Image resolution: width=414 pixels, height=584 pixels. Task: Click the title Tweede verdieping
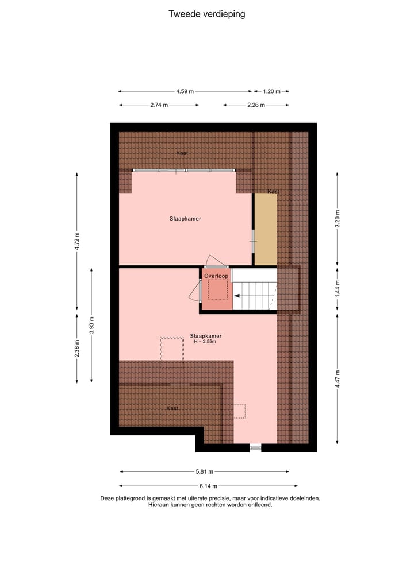coord(206,14)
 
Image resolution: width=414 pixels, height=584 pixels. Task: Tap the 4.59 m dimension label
coord(185,91)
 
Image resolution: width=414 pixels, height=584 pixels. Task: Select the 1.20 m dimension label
coord(271,91)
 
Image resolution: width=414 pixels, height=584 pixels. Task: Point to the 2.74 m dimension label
coord(159,105)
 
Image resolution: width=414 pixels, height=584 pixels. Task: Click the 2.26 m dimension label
coord(256,105)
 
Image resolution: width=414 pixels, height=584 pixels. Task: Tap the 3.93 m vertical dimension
coord(91,325)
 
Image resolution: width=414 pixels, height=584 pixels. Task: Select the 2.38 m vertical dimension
coord(77,349)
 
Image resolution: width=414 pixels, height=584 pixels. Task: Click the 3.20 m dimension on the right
coord(338,220)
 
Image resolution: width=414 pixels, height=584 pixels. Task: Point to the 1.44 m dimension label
coord(338,288)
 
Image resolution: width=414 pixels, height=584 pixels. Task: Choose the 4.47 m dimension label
coord(338,379)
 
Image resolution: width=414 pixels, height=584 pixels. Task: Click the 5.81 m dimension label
coord(204,472)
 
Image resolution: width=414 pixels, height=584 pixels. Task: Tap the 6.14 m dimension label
coord(204,486)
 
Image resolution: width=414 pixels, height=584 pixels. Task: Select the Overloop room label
coord(216,276)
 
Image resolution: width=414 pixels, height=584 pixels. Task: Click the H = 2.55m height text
coord(205,342)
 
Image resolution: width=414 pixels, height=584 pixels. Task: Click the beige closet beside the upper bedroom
coord(265,230)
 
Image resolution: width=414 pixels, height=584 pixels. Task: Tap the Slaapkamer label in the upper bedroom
coord(185,219)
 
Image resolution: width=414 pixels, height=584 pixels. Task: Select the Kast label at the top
coord(182,153)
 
